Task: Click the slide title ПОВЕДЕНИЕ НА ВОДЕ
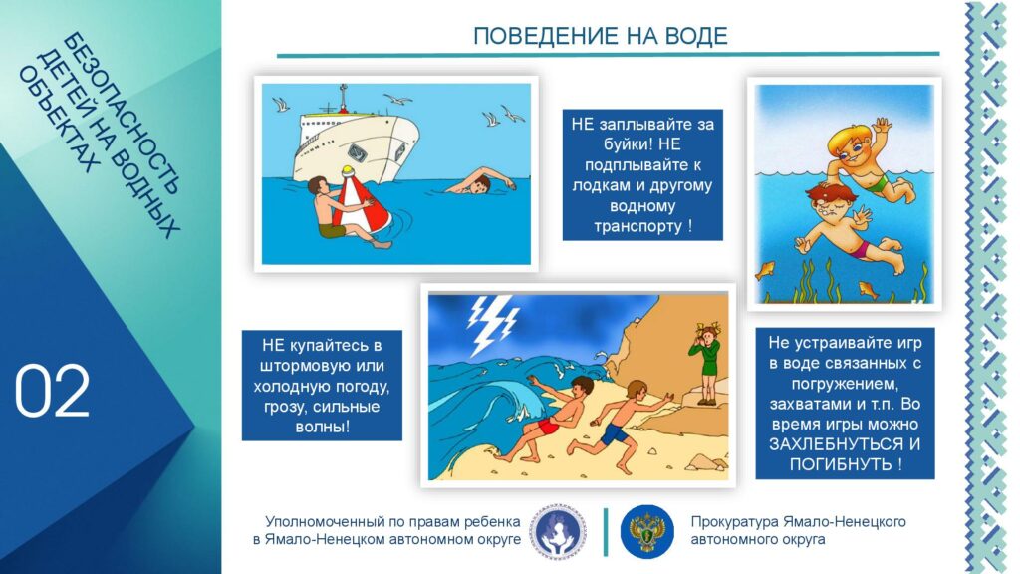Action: (x=600, y=36)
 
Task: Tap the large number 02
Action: (x=52, y=391)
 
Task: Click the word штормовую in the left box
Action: (x=322, y=366)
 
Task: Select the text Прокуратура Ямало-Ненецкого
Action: (x=798, y=522)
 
